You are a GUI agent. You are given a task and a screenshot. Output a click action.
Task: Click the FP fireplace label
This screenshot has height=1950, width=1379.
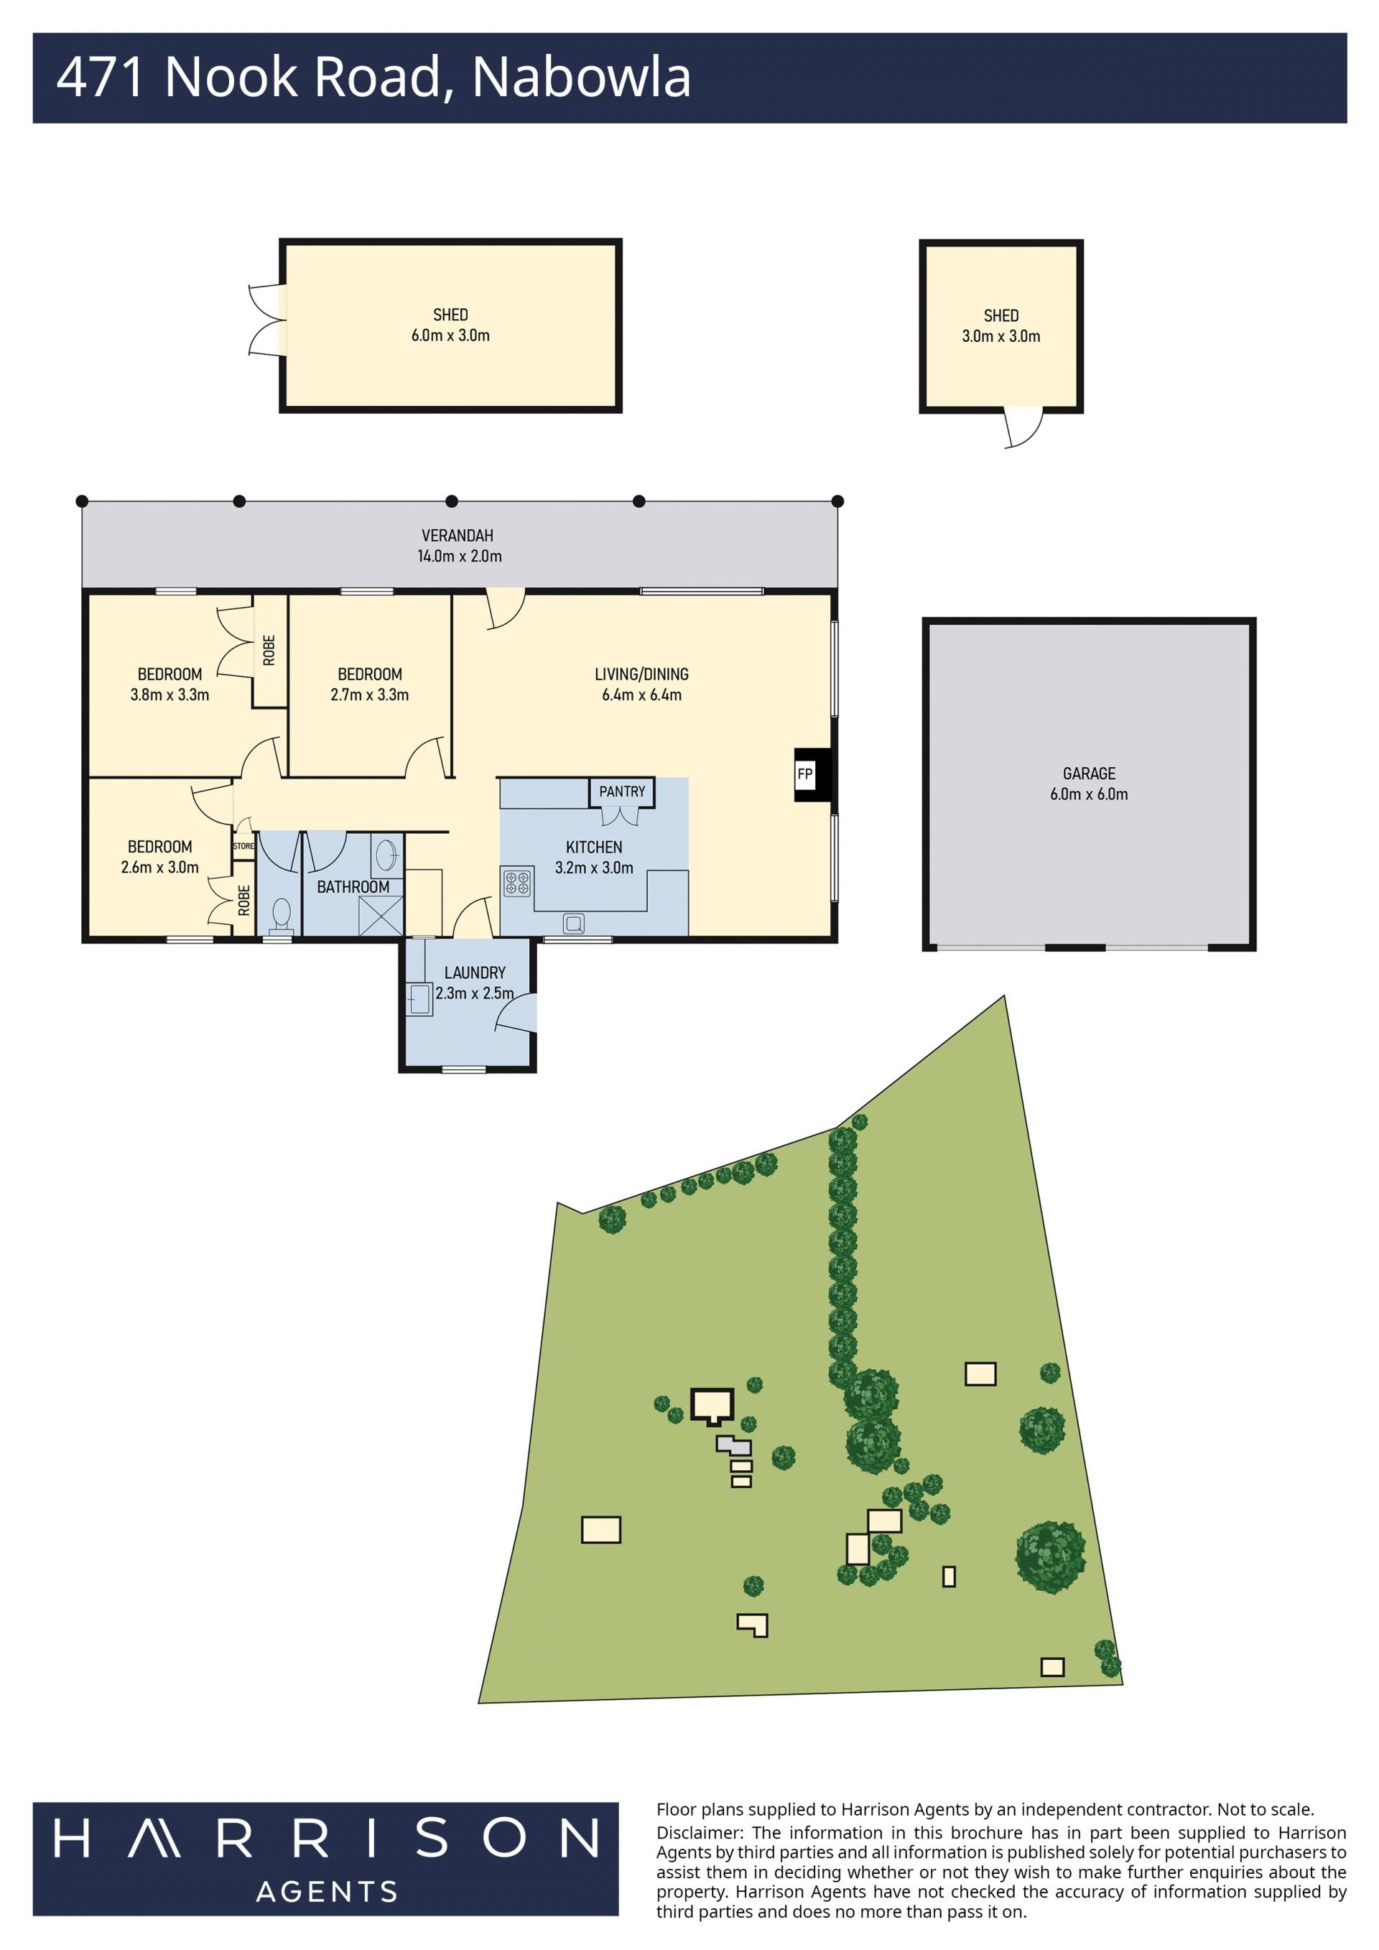(x=804, y=774)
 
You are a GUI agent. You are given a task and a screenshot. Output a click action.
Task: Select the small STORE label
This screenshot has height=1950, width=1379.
(x=243, y=846)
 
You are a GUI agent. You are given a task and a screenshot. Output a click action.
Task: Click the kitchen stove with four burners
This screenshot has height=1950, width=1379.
(x=517, y=883)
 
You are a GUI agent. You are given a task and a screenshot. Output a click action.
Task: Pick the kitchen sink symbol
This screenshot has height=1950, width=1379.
(x=574, y=923)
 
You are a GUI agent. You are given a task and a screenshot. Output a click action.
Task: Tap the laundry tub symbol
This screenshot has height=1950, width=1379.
(x=420, y=1000)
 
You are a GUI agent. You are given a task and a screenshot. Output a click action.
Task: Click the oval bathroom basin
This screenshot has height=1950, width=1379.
(x=386, y=855)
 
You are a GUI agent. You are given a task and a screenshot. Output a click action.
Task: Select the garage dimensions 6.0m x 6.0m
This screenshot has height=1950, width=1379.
(x=1089, y=794)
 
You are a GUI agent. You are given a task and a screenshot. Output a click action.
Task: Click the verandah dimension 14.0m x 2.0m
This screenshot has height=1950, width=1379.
(x=460, y=557)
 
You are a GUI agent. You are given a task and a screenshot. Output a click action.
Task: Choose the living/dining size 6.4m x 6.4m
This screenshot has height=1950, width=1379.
(x=642, y=695)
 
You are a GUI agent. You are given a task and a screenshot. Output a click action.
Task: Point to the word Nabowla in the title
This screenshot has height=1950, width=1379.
(x=581, y=78)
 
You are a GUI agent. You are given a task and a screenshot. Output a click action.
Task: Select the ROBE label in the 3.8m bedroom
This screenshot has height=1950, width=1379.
(x=269, y=651)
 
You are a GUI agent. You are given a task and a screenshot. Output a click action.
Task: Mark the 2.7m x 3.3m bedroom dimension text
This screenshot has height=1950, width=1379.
(x=369, y=695)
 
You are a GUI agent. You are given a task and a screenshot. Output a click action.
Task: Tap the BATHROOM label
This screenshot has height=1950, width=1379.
(x=353, y=887)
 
